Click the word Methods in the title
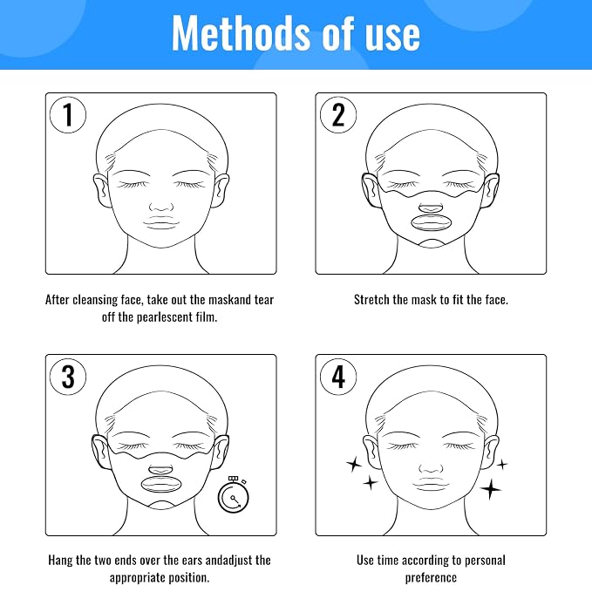241,33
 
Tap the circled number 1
68,115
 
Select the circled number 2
338,115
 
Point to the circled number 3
68,377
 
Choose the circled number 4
338,377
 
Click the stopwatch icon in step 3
234,494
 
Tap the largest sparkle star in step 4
491,489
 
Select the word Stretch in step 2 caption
371,299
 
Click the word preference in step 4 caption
431,578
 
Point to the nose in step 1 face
161,207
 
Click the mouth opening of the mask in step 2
431,222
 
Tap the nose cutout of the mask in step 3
160,470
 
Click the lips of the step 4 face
431,485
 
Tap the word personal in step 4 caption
485,561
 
